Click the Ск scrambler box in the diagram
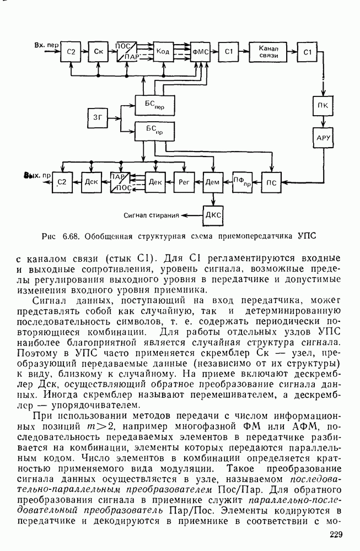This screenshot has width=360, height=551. [98, 52]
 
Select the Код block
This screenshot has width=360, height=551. [162, 52]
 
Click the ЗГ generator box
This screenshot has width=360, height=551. [98, 117]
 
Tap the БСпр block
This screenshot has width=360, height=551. [151, 130]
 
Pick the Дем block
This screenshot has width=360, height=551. [212, 181]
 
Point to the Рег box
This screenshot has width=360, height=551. [182, 181]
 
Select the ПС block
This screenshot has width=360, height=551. [270, 181]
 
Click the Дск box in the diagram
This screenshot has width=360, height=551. [90, 181]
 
